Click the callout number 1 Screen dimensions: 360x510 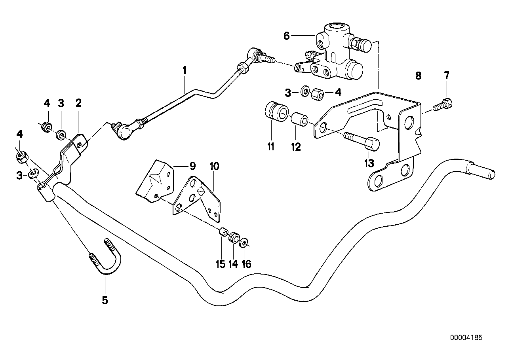[x=184, y=71]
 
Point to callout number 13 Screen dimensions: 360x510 [x=369, y=163]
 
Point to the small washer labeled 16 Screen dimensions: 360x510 [x=244, y=241]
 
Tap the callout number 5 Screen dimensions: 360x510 [x=105, y=300]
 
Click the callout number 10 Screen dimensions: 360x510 [x=214, y=167]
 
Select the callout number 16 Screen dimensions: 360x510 [x=246, y=264]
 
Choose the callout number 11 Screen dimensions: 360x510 [x=270, y=147]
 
